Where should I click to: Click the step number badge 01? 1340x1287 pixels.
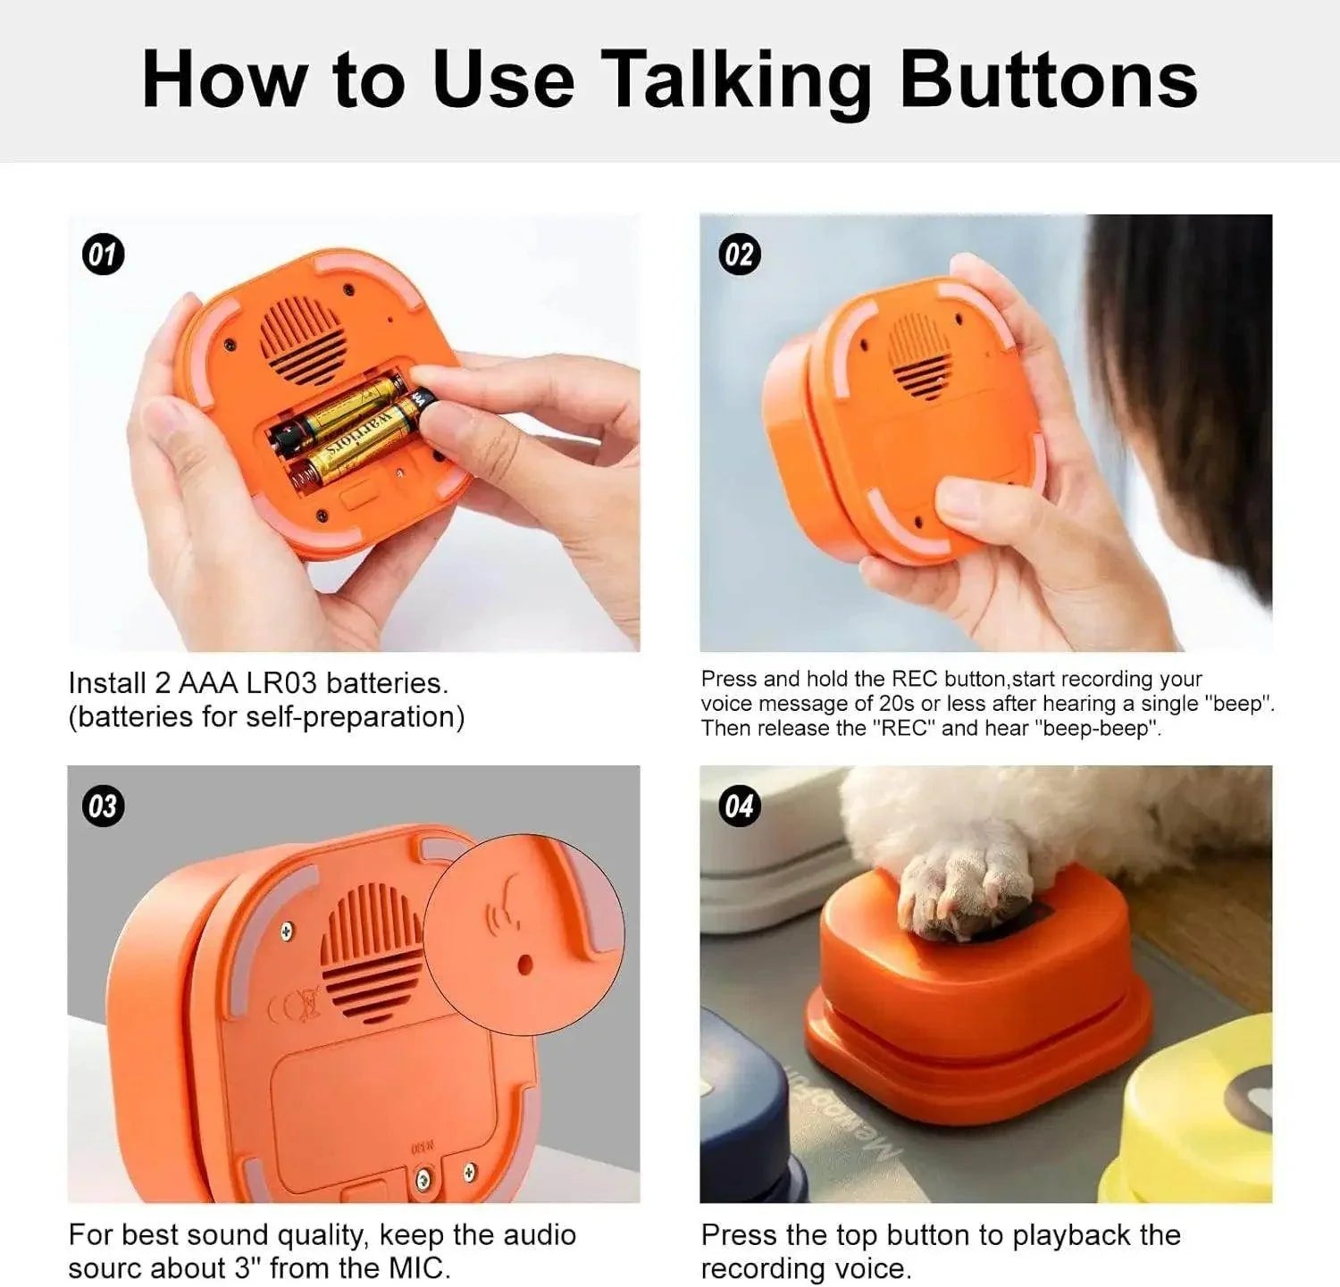104,255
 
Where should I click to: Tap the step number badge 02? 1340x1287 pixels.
739,255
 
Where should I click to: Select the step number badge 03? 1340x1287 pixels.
104,806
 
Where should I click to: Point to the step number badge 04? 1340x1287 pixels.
739,806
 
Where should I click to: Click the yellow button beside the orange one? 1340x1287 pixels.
1197,1116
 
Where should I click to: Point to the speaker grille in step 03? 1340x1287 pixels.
371,947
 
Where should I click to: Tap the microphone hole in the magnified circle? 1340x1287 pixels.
525,964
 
